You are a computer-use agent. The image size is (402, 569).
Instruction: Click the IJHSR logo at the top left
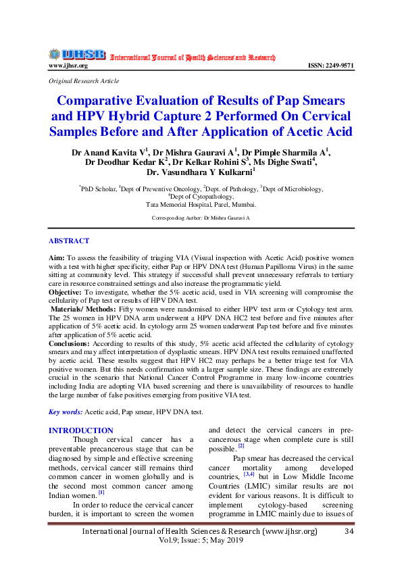(x=76, y=55)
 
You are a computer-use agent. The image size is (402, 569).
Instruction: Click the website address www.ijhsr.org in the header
(x=68, y=66)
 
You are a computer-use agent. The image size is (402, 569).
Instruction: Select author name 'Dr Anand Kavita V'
(x=109, y=151)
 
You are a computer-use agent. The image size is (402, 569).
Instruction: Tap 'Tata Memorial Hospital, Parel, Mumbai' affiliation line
(x=201, y=203)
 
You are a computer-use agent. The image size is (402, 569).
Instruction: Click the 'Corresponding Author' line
(x=201, y=218)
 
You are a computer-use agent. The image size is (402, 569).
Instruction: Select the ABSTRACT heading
(x=68, y=241)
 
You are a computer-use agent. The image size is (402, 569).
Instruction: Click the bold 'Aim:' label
(x=56, y=258)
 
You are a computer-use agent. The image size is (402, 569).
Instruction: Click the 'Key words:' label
(x=66, y=412)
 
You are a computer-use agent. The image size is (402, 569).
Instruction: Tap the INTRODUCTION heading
(x=81, y=430)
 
